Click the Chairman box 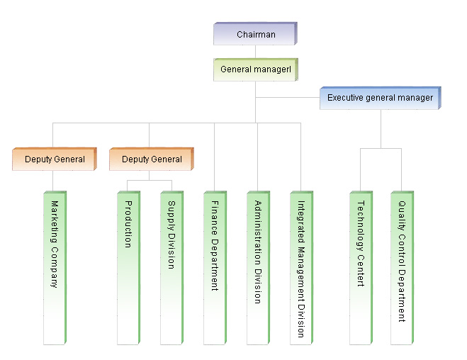point(255,34)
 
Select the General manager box point(255,69)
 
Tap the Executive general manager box point(381,98)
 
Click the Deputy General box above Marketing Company point(55,159)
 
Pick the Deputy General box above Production point(152,159)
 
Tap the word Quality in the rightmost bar point(402,212)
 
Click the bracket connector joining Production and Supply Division point(150,181)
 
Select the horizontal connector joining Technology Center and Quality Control point(381,148)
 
